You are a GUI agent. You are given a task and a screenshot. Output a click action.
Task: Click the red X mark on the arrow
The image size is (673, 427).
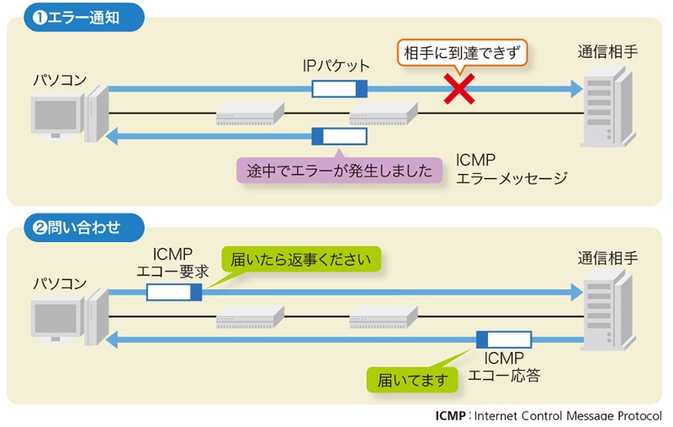[x=460, y=88]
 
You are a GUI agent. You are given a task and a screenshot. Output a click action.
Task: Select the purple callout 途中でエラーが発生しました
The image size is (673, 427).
[x=340, y=171]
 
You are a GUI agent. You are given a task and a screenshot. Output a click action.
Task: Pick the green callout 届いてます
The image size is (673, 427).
[x=412, y=379]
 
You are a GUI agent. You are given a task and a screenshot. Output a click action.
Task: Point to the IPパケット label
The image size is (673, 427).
[x=336, y=65]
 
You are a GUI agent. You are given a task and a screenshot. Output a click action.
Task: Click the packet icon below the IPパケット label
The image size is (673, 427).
[x=340, y=88]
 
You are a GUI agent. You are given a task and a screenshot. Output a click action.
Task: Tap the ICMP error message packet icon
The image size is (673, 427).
[x=339, y=136]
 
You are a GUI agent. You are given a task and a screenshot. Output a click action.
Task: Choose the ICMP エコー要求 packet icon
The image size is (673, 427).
[x=174, y=292]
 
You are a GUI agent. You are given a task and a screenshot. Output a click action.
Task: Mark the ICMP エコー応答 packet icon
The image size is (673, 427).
[x=504, y=340]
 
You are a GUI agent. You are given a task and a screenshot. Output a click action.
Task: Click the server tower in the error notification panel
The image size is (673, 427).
[x=606, y=106]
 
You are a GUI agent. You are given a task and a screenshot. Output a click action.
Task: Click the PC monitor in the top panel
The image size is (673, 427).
[x=57, y=117]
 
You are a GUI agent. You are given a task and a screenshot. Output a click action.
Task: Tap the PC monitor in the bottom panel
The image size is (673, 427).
[x=57, y=320]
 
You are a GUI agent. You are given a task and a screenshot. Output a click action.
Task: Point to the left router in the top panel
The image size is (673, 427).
[x=250, y=113]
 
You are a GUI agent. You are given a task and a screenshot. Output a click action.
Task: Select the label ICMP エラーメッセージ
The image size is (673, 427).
[x=511, y=168]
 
